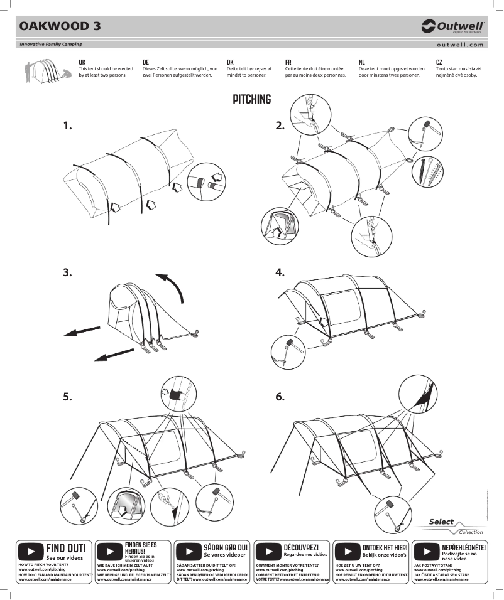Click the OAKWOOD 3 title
(x=60, y=26)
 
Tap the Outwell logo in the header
(x=452, y=26)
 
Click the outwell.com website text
(x=460, y=45)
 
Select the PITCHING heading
(x=251, y=100)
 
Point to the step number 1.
(x=68, y=126)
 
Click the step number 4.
(x=280, y=272)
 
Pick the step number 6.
(x=280, y=397)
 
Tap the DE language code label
(x=146, y=62)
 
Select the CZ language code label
(x=439, y=62)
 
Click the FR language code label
(x=288, y=62)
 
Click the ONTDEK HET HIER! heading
(x=385, y=548)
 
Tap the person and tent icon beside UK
(x=45, y=71)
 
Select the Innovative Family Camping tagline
(x=50, y=45)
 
